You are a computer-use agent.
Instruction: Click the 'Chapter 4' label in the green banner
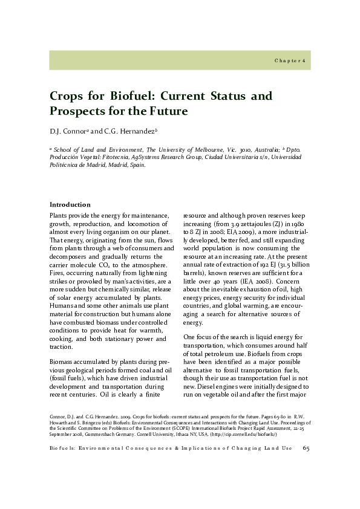click(x=292, y=61)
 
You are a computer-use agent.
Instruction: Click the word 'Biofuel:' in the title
click(x=133, y=96)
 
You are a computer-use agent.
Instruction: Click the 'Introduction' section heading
click(x=70, y=204)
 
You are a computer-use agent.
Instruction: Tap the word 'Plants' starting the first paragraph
click(x=59, y=215)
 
